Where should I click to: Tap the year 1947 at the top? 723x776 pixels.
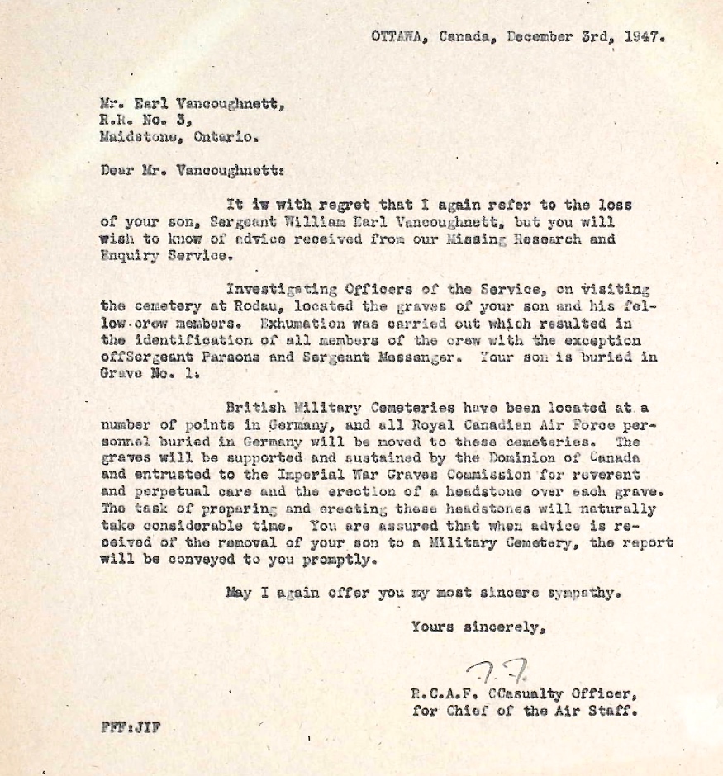pos(645,36)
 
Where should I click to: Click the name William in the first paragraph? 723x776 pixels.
pos(282,222)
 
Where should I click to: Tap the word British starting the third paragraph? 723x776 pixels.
pos(254,408)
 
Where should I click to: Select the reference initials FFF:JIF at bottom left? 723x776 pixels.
pos(130,728)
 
